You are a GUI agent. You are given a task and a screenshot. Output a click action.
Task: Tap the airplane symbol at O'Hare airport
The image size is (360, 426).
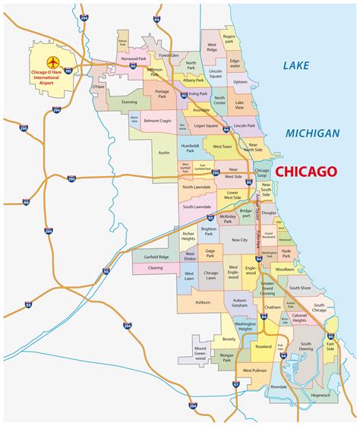click(54, 61)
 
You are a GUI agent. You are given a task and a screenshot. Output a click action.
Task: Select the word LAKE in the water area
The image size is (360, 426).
click(296, 66)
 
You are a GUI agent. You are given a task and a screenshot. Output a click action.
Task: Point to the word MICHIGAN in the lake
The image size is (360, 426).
click(312, 133)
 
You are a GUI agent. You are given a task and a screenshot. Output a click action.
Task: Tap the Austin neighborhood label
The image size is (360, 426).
click(163, 152)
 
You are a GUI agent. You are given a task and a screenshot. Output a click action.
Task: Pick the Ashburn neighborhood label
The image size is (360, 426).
click(203, 301)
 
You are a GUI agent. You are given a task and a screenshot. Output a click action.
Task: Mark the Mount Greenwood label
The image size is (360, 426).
click(200, 350)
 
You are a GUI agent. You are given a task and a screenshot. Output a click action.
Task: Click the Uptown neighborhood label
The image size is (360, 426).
click(240, 81)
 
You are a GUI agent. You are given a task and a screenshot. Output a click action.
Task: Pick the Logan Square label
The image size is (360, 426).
click(205, 125)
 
